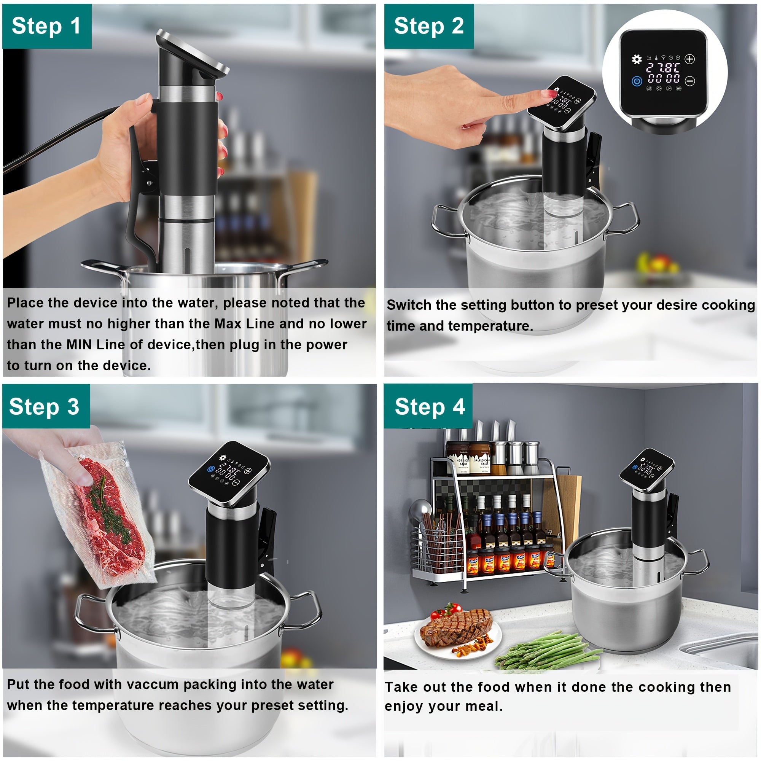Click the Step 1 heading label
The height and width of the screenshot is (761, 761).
point(46,26)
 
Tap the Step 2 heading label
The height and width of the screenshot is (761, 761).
point(429,26)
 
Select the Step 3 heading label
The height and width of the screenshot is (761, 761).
point(45,406)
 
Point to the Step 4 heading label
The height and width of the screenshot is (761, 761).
point(430,406)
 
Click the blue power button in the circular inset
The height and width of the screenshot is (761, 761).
point(637,81)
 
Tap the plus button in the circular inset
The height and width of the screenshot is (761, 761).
point(690,59)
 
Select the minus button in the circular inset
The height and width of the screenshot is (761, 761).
point(690,81)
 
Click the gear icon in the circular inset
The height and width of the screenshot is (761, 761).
point(637,59)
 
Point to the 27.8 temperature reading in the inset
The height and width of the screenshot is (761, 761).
point(663,67)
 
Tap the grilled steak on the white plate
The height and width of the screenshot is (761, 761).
point(456,627)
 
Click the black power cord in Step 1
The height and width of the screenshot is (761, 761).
point(59,138)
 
